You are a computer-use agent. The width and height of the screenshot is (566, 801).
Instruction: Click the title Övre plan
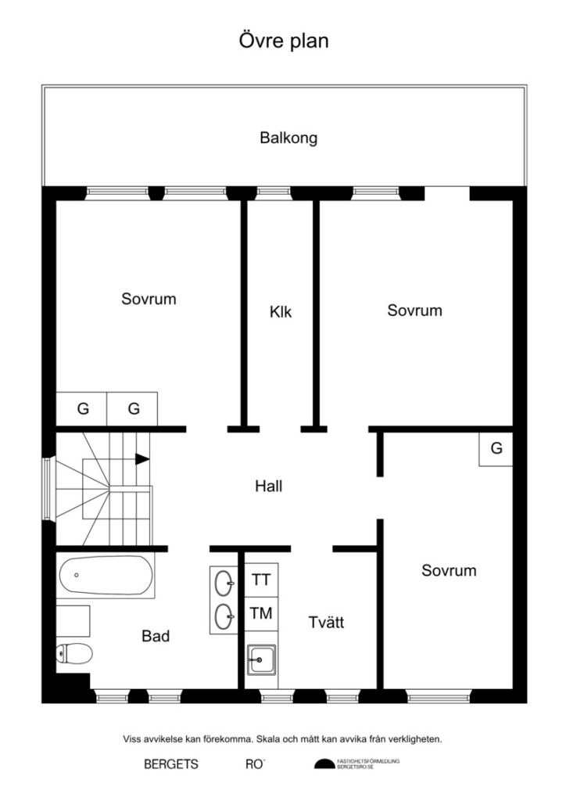(283, 41)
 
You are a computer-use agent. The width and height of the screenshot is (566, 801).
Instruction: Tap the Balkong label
(288, 138)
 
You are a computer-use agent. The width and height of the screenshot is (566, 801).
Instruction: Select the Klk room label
(281, 312)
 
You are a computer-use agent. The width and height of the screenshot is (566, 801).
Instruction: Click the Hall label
(269, 486)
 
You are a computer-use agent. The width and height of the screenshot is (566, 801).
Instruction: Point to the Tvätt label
(326, 623)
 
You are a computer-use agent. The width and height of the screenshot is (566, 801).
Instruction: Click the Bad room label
(156, 636)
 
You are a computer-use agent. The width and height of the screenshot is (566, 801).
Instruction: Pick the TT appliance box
(260, 580)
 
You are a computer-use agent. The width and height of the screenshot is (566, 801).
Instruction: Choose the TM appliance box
(260, 613)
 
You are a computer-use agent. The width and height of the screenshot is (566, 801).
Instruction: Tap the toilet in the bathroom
(75, 653)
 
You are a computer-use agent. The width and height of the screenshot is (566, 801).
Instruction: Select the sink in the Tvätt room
(260, 659)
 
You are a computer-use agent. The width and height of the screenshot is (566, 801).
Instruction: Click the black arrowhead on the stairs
(141, 459)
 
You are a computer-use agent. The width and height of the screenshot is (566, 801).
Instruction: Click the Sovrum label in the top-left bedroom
(149, 299)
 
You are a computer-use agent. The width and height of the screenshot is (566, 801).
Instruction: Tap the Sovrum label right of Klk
(414, 311)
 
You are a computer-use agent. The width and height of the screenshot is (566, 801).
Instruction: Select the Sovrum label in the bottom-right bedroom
(449, 570)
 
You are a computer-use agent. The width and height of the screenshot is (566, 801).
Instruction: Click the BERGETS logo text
(171, 765)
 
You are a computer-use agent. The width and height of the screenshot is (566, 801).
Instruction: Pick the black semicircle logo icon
(324, 764)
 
